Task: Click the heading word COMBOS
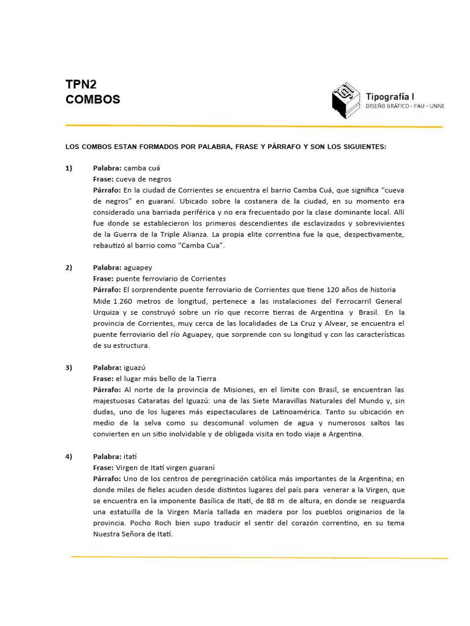(93, 99)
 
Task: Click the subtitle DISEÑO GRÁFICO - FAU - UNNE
(405, 106)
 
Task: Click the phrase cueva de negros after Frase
(144, 179)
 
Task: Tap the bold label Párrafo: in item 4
(107, 479)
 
